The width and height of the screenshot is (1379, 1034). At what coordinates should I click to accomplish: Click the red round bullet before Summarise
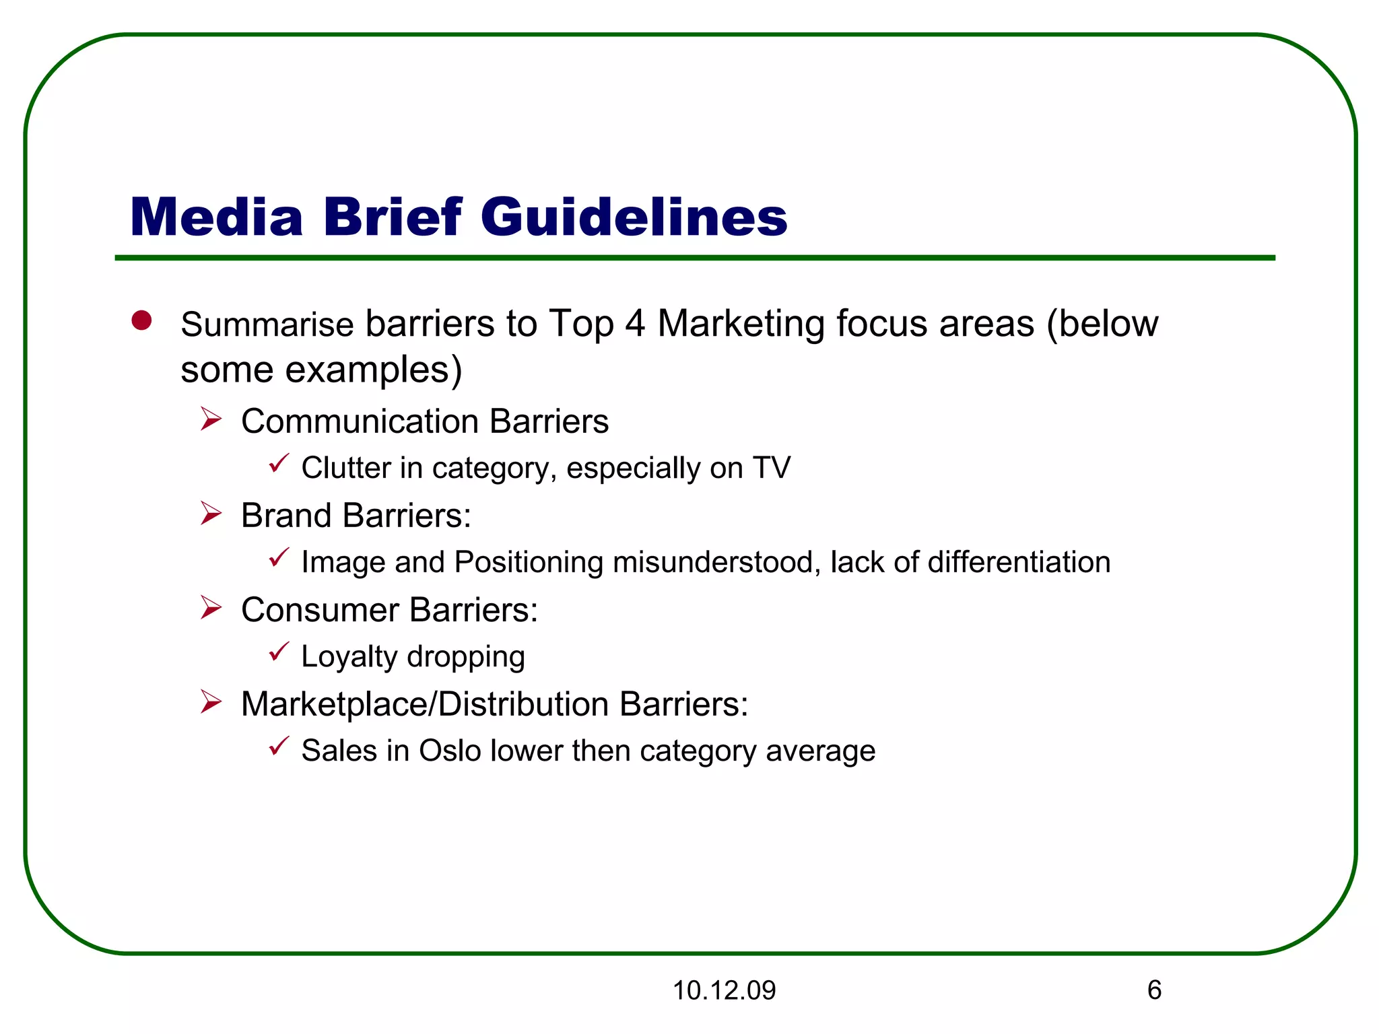[x=141, y=320]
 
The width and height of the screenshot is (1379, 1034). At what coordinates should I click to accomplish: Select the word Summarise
[x=267, y=324]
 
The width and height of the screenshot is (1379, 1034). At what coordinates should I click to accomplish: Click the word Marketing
[x=741, y=324]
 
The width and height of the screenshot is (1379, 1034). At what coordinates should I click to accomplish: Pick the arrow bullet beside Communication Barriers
[x=211, y=419]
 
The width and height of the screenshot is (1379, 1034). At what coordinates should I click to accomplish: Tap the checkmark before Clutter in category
[x=279, y=463]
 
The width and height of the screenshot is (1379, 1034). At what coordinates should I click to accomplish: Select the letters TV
[x=772, y=468]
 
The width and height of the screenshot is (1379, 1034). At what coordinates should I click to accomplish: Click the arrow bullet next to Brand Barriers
[x=211, y=514]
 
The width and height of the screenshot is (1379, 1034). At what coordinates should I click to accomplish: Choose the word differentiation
[x=1019, y=562]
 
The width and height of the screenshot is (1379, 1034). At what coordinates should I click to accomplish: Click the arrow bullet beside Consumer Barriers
[x=211, y=608]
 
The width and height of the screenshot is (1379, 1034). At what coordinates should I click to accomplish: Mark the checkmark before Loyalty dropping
[x=279, y=652]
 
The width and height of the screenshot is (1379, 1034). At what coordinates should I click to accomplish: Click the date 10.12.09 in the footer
[x=724, y=990]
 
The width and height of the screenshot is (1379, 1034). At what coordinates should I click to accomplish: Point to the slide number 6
[x=1154, y=990]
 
